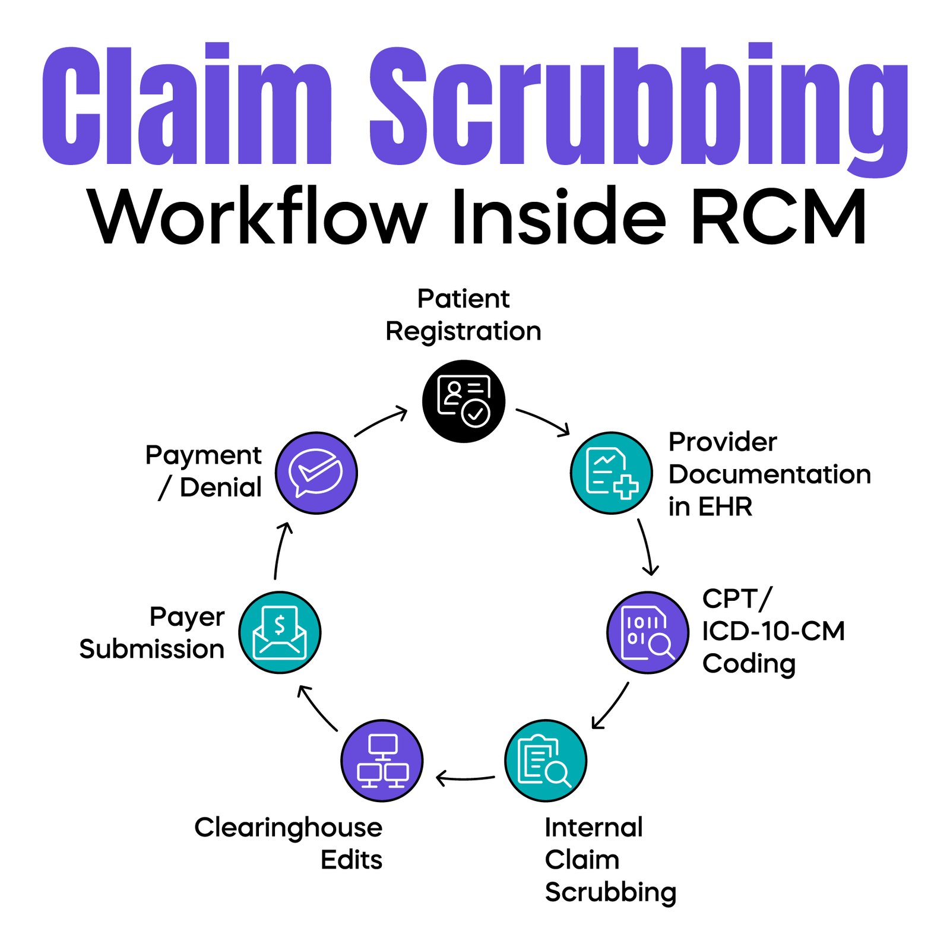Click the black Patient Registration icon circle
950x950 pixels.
pos(463,401)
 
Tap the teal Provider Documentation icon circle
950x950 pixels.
pos(611,473)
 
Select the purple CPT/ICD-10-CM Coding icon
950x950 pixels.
pos(647,632)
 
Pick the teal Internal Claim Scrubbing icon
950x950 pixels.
pos(545,761)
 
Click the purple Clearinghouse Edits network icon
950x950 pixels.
pos(382,761)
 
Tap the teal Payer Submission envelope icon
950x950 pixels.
pos(280,632)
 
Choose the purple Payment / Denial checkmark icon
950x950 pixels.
pos(316,473)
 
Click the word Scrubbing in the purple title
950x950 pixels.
pos(638,107)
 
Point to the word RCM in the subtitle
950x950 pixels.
pos(778,217)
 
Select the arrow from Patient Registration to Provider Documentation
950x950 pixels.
pos(543,421)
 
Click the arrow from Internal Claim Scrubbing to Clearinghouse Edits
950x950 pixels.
pos(465,777)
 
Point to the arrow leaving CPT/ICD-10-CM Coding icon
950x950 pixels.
pos(610,705)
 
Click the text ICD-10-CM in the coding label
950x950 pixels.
pos(772,631)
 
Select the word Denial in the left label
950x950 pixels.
pos(220,487)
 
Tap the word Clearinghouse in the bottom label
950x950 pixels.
pos(288,827)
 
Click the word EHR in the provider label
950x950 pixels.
pos(725,506)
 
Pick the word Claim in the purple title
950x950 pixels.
pos(186,107)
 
